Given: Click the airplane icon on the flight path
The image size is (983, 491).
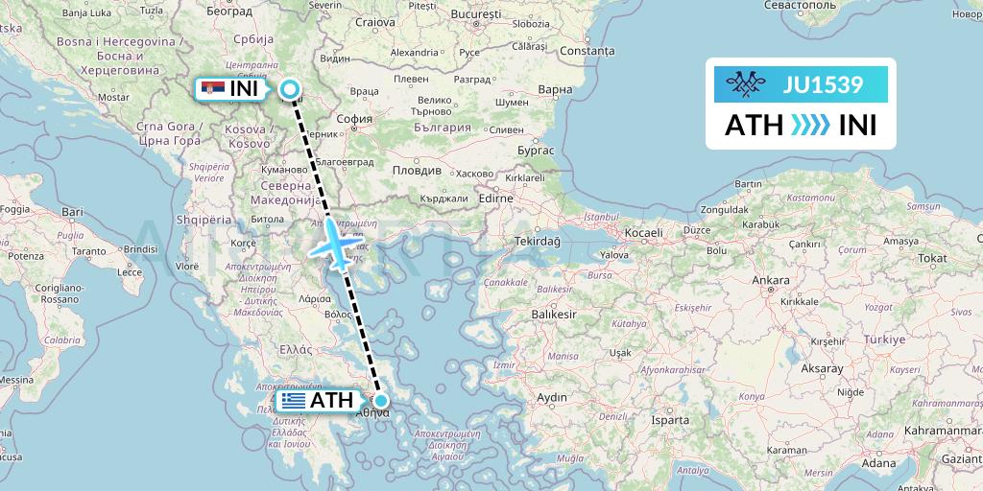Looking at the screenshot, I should coord(333,244).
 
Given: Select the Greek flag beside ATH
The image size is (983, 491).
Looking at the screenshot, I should coord(295,401).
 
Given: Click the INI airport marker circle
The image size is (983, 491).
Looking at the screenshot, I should coord(290,90).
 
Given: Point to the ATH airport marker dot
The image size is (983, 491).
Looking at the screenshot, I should coord(381,402).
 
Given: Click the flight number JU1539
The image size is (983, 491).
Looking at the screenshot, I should coord(823,85).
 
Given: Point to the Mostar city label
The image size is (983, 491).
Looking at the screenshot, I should coord(113,98).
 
